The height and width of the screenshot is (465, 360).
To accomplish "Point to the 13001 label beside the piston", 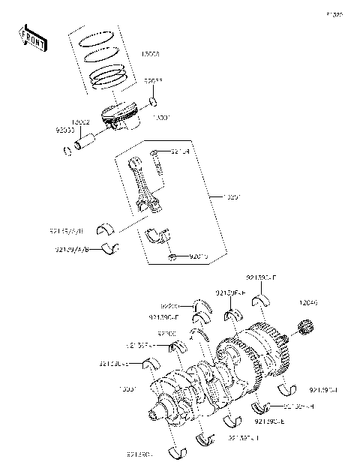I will coord(162,118).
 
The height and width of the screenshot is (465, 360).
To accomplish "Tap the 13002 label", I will coord(82,121).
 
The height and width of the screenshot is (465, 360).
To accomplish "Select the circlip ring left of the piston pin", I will coord(67,148).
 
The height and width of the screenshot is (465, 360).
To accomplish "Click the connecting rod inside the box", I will coord(144,184).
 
